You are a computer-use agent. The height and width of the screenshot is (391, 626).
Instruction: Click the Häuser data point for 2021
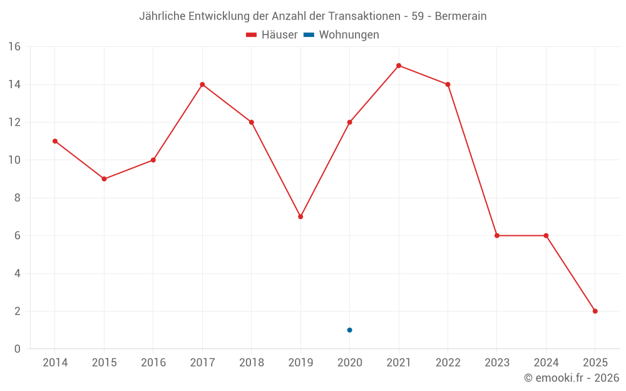(x=399, y=66)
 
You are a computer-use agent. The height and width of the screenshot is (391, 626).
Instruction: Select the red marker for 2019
(x=300, y=216)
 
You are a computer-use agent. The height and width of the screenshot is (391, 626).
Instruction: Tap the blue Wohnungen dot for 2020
(x=349, y=330)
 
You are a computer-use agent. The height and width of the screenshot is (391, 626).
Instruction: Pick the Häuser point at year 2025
(x=595, y=311)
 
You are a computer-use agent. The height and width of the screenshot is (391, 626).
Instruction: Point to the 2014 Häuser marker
(x=55, y=141)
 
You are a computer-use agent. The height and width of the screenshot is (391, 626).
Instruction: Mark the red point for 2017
(x=202, y=84)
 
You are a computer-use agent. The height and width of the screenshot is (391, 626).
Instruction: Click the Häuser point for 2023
(x=497, y=235)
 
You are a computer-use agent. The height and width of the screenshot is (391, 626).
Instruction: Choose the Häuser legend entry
(x=272, y=35)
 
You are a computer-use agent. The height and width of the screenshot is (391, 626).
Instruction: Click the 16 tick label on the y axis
(x=14, y=47)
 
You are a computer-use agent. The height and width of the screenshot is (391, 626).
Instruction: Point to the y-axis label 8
(x=18, y=198)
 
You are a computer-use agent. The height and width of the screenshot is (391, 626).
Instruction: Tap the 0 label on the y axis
(x=18, y=348)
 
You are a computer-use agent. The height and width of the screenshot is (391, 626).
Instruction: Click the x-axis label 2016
(x=153, y=362)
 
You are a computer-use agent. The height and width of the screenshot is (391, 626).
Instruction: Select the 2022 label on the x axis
(x=448, y=362)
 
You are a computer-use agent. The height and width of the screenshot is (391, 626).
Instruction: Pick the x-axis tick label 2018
(x=252, y=362)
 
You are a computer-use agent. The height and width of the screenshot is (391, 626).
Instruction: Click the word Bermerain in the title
(x=461, y=16)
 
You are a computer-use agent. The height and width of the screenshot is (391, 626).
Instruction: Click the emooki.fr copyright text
(x=572, y=378)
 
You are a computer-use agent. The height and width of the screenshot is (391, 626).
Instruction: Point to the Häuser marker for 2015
(x=104, y=179)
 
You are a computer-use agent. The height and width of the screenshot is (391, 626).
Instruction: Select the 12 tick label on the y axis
(x=14, y=122)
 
